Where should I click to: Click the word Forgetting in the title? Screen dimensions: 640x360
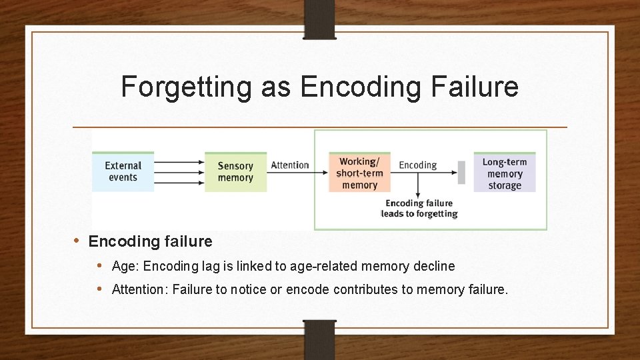click(x=187, y=87)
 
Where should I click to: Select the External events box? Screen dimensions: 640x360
click(x=123, y=171)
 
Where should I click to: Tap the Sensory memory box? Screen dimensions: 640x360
click(x=235, y=171)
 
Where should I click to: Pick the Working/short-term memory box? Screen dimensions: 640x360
click(x=359, y=173)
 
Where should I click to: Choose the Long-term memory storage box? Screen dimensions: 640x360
click(x=505, y=173)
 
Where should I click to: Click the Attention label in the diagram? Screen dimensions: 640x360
click(x=290, y=165)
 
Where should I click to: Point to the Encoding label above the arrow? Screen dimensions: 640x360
click(x=417, y=165)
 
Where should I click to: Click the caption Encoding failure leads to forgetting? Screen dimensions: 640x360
click(x=419, y=208)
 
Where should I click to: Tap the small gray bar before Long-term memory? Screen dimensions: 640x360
click(x=461, y=171)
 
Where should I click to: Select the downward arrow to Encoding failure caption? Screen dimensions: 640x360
click(x=418, y=185)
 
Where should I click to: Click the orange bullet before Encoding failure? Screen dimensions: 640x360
click(x=77, y=241)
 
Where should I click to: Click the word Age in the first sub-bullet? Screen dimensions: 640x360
click(x=124, y=267)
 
